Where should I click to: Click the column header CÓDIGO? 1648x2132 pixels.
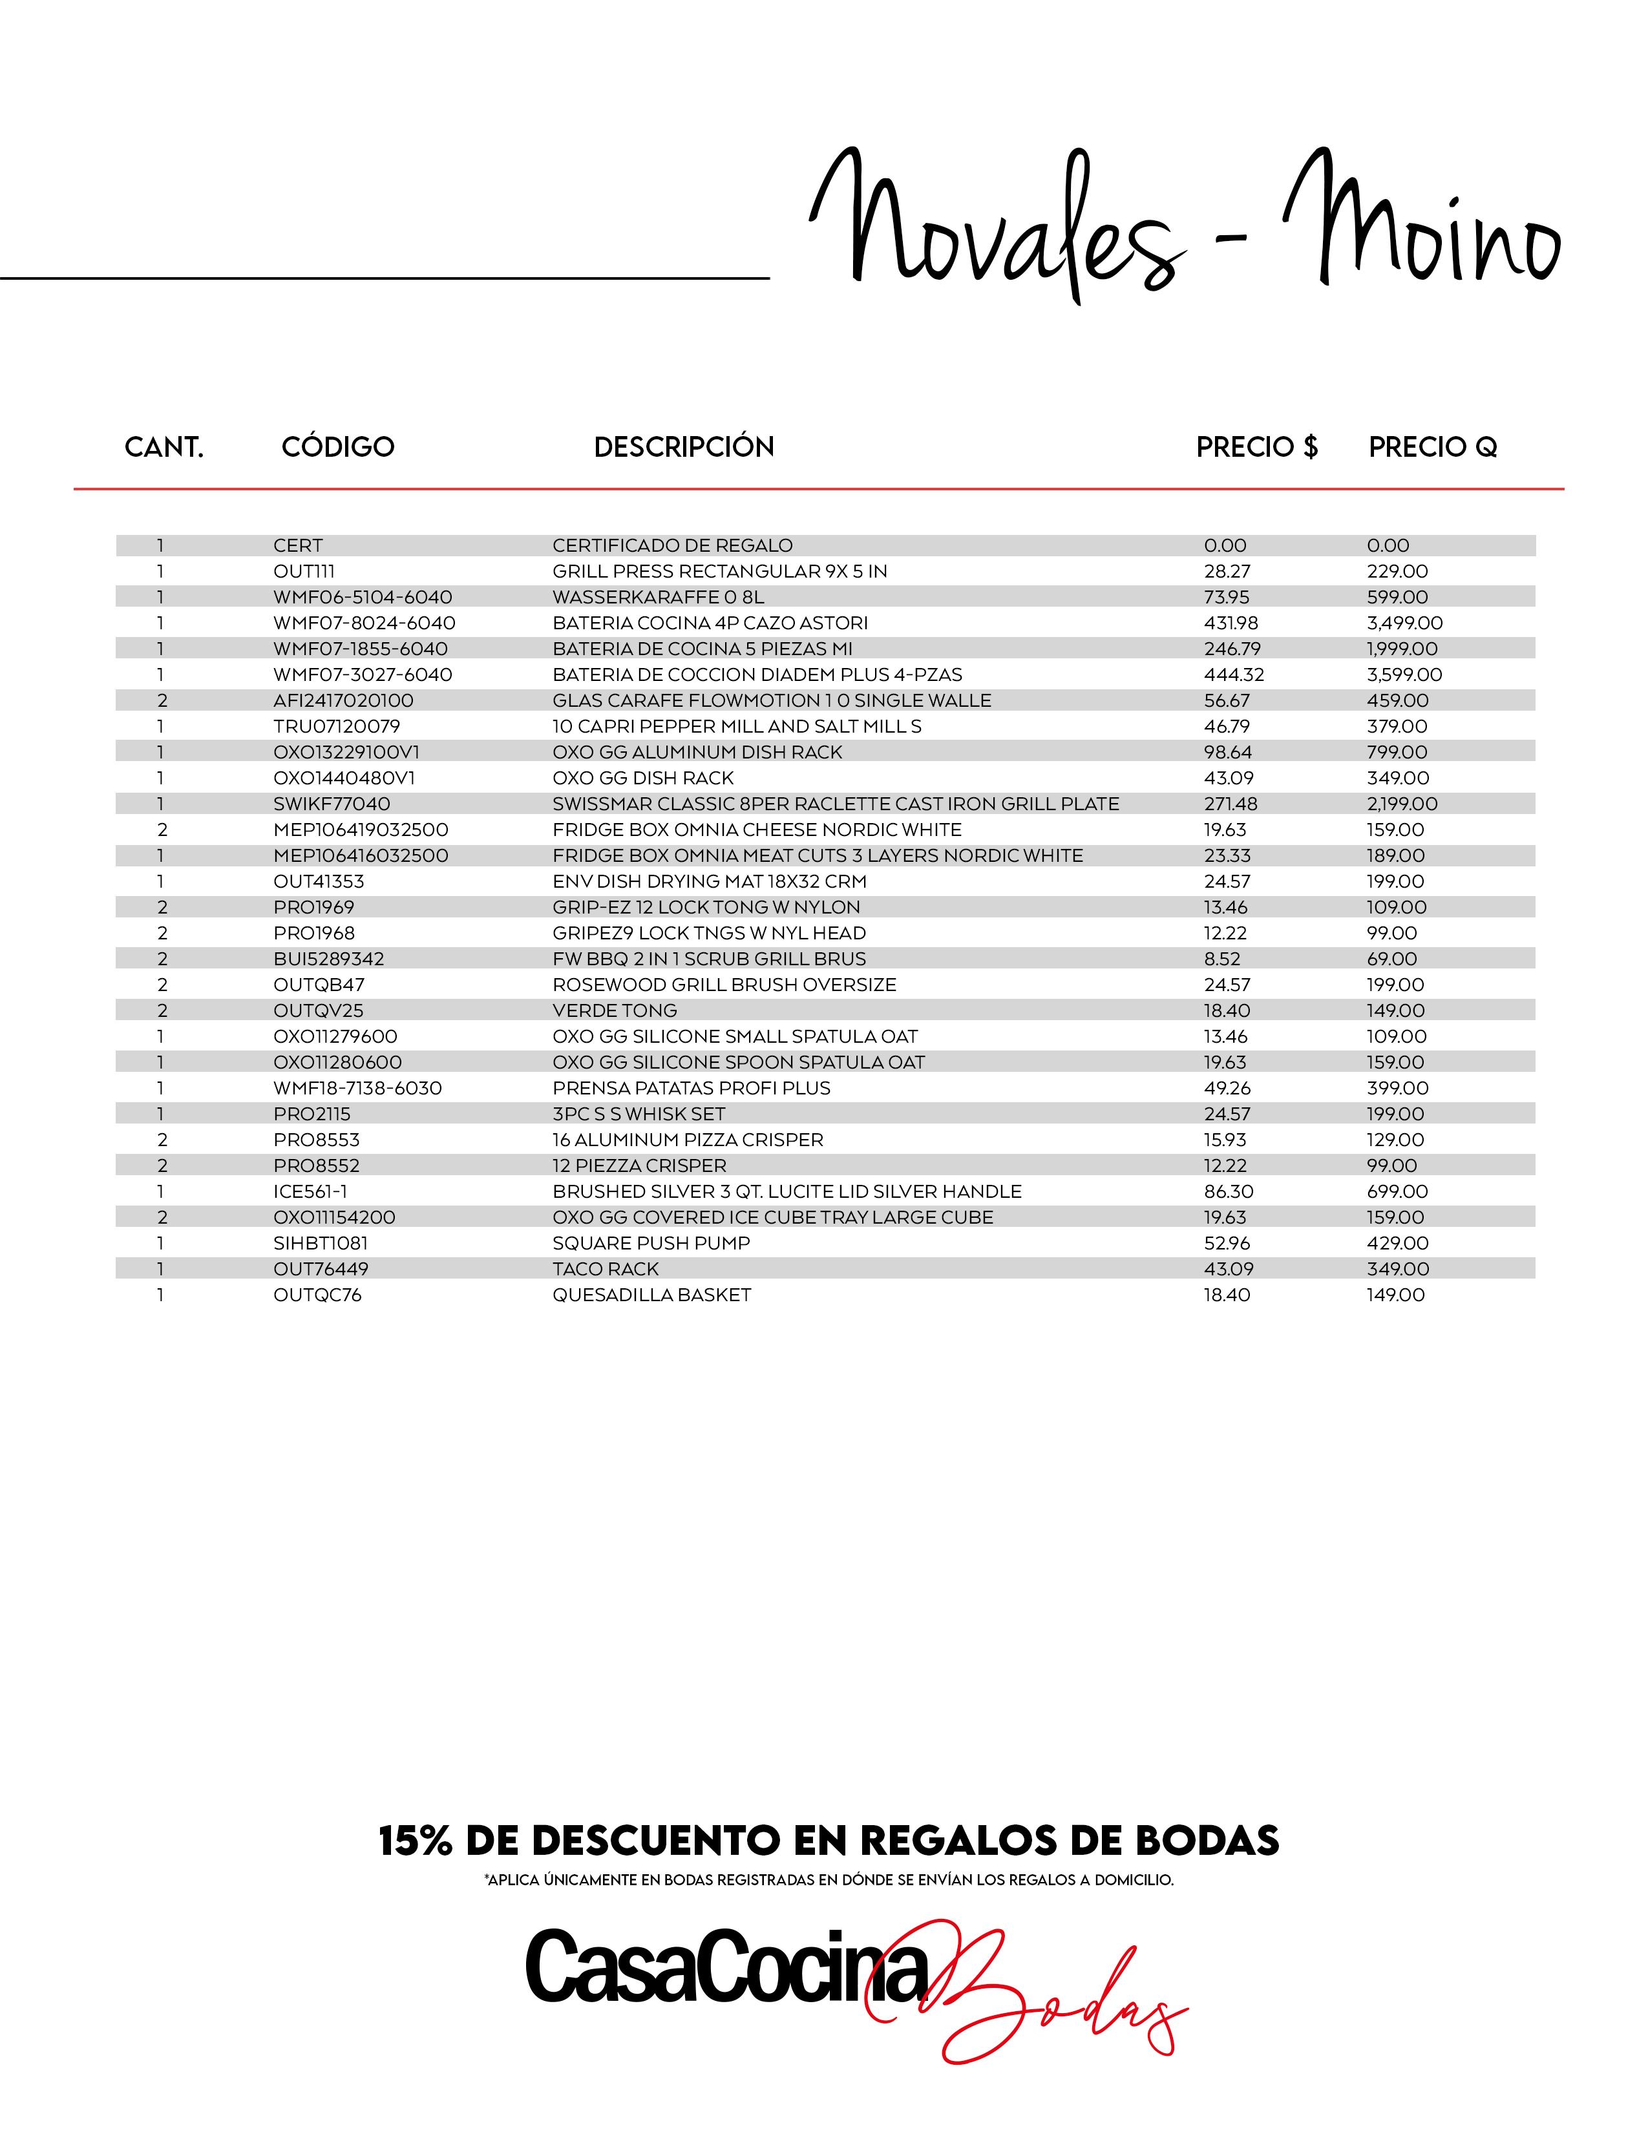tap(338, 447)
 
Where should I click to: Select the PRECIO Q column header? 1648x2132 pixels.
tap(1432, 447)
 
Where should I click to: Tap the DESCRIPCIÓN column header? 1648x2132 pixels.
tap(683, 447)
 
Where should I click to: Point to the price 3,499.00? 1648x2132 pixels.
tap(1404, 623)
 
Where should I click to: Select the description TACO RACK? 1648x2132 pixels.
tap(606, 1269)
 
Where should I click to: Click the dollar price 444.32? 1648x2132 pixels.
tap(1233, 674)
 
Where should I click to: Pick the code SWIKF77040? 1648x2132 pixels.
tap(331, 804)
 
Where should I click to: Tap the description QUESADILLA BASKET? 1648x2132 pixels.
tap(651, 1295)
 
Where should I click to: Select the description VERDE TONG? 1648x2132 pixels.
tap(614, 1011)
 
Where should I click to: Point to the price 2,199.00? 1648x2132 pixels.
tap(1402, 804)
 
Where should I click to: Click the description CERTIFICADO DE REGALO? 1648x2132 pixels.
tap(671, 546)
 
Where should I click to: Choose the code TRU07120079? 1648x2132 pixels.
tap(336, 726)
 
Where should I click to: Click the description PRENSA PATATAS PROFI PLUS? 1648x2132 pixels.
tap(692, 1089)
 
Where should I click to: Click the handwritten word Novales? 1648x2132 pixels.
tap(996, 229)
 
